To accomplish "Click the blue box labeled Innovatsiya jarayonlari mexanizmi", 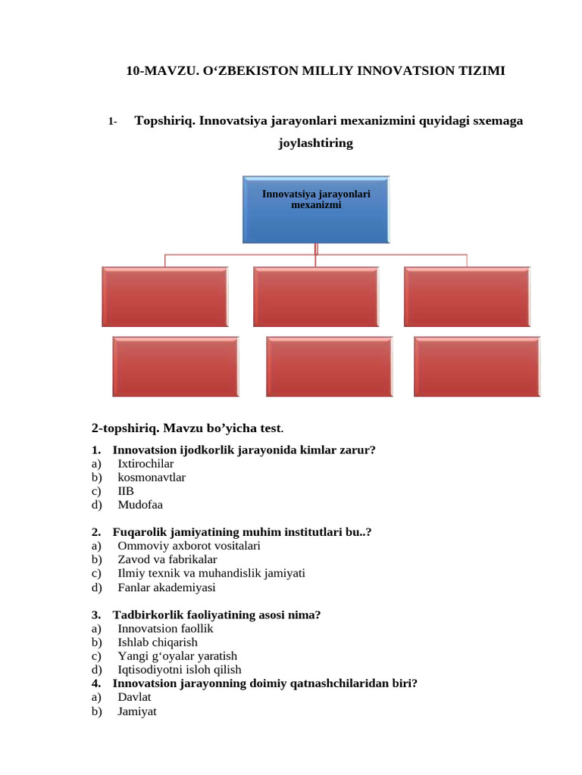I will [x=316, y=210].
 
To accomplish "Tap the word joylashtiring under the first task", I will [x=316, y=142].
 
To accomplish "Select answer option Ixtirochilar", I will [x=145, y=463].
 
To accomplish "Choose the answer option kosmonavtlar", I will [x=152, y=477].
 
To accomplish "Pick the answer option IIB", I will [x=126, y=490].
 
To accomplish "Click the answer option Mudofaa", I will [x=140, y=504].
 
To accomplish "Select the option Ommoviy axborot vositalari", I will [x=189, y=546].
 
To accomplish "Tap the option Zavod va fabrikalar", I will [x=167, y=559].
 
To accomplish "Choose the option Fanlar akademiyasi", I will [x=167, y=587].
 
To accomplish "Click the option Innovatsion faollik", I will [x=165, y=628].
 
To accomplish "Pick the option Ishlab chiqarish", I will [x=158, y=642].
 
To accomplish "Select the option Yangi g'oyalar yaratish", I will [x=177, y=656].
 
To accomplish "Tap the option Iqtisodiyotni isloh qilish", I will [x=180, y=670].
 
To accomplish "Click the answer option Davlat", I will [x=135, y=697].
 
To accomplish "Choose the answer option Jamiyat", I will [x=137, y=711].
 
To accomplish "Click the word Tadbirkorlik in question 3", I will [x=145, y=615].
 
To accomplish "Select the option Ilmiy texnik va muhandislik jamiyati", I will [x=211, y=573].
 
